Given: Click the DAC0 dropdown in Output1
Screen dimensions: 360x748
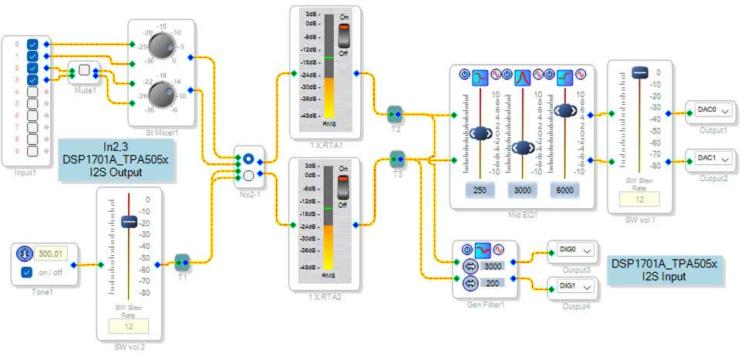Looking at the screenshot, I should coord(713,110).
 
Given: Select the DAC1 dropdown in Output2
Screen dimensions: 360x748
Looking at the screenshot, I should coord(713,160).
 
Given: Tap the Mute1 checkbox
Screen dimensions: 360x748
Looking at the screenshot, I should coord(84,69).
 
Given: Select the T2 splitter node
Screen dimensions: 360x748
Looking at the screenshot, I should coord(395,114).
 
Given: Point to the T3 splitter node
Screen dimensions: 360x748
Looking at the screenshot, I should coord(397,160).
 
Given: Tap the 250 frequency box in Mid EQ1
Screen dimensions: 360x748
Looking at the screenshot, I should coord(479,190).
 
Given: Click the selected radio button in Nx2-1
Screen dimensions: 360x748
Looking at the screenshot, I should coord(248,160).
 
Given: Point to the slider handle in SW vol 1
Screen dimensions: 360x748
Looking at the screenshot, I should coord(639,72).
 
